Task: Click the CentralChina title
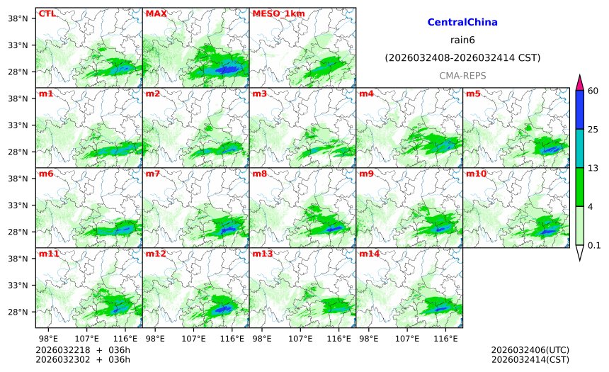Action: click(x=462, y=23)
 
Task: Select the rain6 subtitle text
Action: click(x=462, y=40)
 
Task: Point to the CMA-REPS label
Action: click(x=462, y=75)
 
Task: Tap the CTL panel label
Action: click(x=47, y=13)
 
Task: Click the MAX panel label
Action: click(x=156, y=13)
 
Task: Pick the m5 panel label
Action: click(x=472, y=94)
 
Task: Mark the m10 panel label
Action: click(x=475, y=174)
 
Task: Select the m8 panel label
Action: click(x=259, y=174)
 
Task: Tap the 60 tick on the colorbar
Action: click(x=593, y=91)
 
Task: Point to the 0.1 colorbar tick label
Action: click(x=594, y=246)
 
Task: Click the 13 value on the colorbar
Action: click(x=593, y=168)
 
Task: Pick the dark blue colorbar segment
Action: click(x=579, y=110)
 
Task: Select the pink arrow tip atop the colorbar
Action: click(x=579, y=82)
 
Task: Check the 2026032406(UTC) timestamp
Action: click(x=530, y=350)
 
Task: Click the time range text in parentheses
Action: click(x=462, y=57)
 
